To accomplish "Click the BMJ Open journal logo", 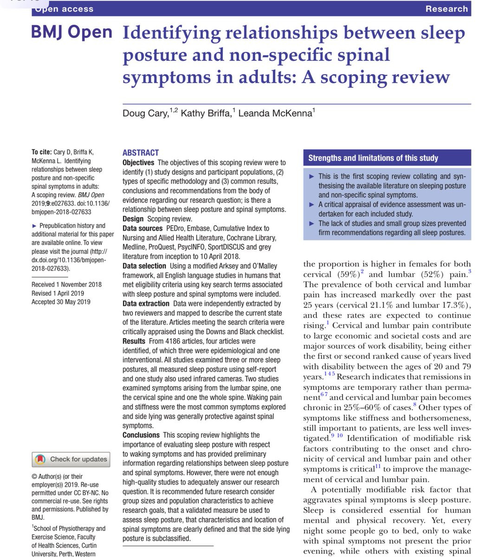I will click(x=71, y=32).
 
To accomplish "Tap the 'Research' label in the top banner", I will click(x=446, y=9).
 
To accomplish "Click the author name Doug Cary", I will click(x=145, y=113).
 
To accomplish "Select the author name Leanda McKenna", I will click(x=275, y=113).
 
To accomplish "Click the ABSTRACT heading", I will click(x=141, y=152).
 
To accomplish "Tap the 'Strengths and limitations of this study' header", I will click(x=373, y=158).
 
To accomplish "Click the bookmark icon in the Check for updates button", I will click(x=40, y=460).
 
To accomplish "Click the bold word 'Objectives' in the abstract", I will click(x=138, y=162).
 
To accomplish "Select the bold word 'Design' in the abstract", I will click(x=133, y=219).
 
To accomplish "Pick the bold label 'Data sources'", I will click(x=142, y=228).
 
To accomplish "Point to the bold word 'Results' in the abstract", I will click(x=134, y=341).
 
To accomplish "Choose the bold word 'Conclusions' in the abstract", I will click(x=141, y=435).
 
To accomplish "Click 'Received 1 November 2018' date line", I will click(x=66, y=285).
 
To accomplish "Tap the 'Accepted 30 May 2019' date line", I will click(x=61, y=302).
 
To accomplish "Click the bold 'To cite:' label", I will click(x=41, y=152).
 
